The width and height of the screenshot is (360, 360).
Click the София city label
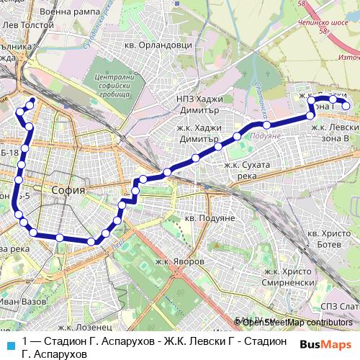tap(69, 190)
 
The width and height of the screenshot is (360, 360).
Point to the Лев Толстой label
tap(24, 25)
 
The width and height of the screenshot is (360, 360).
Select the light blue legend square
tap(9, 344)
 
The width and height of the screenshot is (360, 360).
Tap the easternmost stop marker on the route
tap(346, 107)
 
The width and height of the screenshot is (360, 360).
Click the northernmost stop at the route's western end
tap(31, 101)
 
